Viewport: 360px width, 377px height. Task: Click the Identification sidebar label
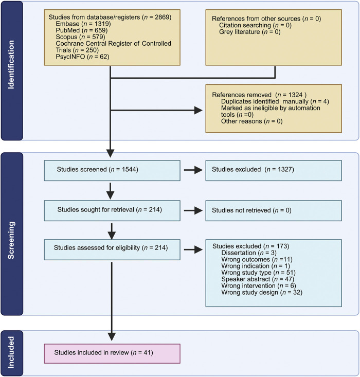[11, 65]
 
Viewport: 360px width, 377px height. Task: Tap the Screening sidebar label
[11, 240]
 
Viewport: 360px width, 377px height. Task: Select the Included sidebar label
[11, 352]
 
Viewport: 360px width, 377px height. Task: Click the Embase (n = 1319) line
[83, 24]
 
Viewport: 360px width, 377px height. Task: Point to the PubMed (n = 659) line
[82, 30]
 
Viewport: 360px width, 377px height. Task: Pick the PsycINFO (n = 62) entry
[82, 57]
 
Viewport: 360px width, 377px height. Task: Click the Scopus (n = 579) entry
[80, 37]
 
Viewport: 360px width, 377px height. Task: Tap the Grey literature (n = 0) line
[249, 32]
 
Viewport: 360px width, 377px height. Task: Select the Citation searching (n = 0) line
[255, 25]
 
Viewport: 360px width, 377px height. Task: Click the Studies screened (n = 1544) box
[112, 170]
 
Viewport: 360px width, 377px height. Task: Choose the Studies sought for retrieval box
[112, 211]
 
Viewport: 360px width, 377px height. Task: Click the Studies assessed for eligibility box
[112, 249]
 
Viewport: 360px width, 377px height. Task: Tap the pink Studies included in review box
[112, 353]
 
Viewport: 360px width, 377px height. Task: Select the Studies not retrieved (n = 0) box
[274, 211]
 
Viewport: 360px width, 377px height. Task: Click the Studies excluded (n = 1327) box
[274, 170]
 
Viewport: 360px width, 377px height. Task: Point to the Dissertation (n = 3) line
[249, 253]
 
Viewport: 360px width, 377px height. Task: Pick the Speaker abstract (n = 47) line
[258, 279]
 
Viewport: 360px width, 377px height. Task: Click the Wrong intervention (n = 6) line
[259, 286]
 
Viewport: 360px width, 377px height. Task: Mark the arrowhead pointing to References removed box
[199, 111]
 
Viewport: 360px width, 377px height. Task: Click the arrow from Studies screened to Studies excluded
[193, 170]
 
